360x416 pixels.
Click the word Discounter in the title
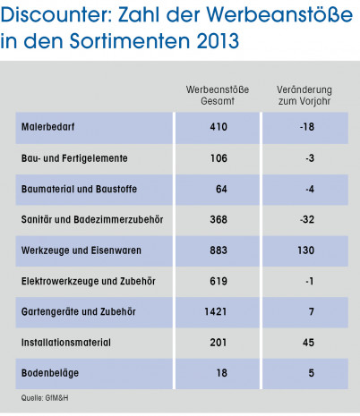pos(56,14)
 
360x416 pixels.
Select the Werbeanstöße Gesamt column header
pos(218,95)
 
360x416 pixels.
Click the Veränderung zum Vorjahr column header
pos(304,95)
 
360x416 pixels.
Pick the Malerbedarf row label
pos(47,127)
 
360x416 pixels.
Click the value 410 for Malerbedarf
pos(219,127)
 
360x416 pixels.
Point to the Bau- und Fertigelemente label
pos(74,158)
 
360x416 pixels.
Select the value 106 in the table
pos(219,158)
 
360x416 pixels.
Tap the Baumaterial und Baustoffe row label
pos(79,189)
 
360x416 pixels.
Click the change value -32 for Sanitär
pos(307,219)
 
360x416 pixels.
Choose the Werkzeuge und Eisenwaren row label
pos(81,250)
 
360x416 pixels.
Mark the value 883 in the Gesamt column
pos(219,250)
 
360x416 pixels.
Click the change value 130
pos(306,250)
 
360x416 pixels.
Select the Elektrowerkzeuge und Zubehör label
pos(89,281)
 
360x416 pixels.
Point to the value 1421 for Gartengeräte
pos(216,311)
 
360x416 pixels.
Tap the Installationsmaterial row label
pos(66,343)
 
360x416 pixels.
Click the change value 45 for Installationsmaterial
pos(308,343)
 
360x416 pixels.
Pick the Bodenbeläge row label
pos(50,373)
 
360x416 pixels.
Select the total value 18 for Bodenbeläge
pos(222,373)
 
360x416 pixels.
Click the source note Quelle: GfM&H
pos(45,398)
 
